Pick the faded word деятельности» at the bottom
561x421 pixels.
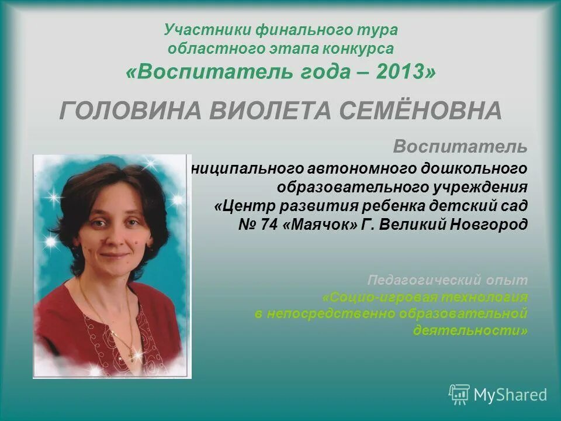[x=470, y=330]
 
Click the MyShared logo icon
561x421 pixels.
[x=459, y=395]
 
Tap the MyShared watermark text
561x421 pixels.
[x=510, y=395]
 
